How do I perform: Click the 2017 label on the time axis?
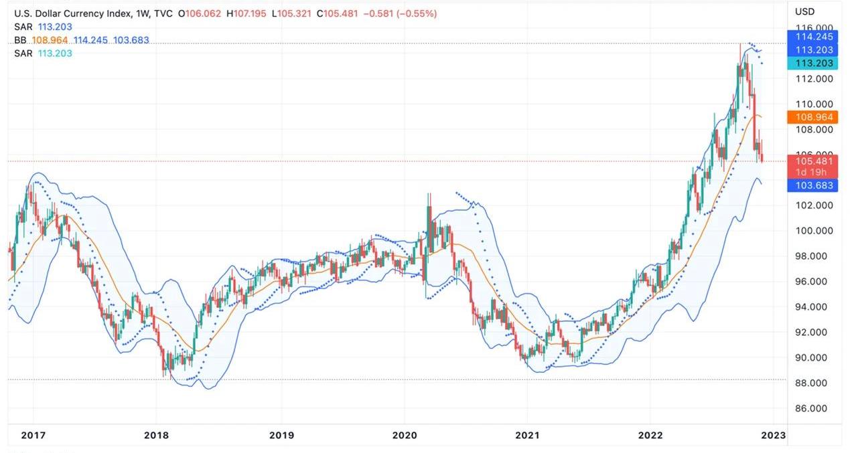pos(33,435)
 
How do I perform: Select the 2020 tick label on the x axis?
pos(405,435)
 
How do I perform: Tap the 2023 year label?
pos(773,435)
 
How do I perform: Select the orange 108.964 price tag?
pos(814,117)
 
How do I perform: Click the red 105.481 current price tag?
pos(814,161)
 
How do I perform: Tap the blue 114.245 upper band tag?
pos(814,37)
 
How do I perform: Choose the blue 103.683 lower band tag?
pos(814,185)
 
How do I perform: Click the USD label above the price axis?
pos(804,11)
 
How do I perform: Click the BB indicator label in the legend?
pos(20,40)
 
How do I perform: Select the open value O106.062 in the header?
pos(200,13)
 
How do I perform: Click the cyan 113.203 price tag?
pos(814,64)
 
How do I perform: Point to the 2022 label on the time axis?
pos(650,435)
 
